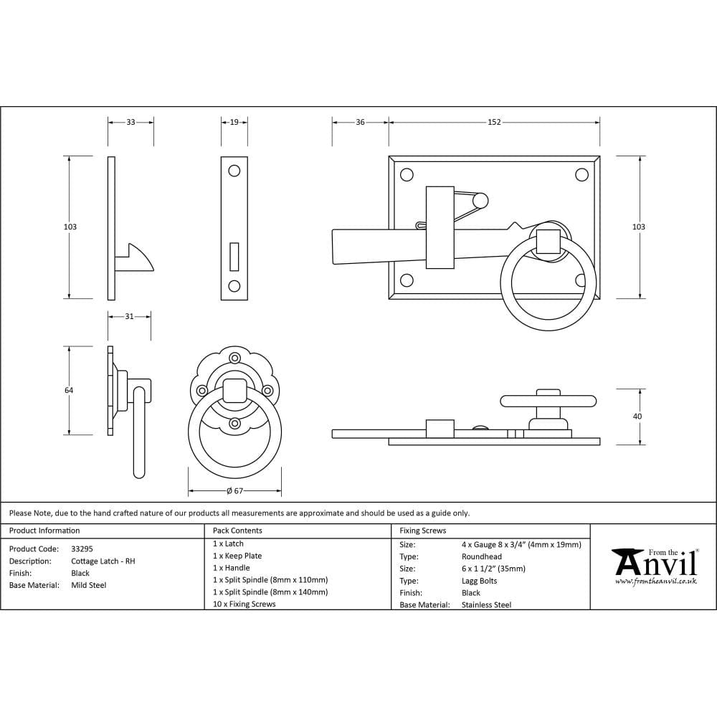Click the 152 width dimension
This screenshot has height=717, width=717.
pyautogui.click(x=494, y=123)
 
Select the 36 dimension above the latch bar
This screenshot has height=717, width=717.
pyautogui.click(x=360, y=123)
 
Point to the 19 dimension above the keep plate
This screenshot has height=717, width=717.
pyautogui.click(x=234, y=123)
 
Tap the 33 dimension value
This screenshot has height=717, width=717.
pyautogui.click(x=130, y=123)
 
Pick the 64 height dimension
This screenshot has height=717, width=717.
pyautogui.click(x=69, y=390)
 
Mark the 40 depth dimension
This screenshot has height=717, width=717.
pyautogui.click(x=638, y=416)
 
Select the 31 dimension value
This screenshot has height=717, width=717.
pyautogui.click(x=129, y=316)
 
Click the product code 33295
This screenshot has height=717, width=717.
pyautogui.click(x=82, y=549)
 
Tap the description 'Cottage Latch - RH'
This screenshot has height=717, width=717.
pyautogui.click(x=103, y=561)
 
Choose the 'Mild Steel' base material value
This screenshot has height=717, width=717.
pyautogui.click(x=89, y=585)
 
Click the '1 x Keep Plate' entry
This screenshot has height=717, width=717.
pyautogui.click(x=237, y=556)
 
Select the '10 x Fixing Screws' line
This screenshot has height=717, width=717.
pyautogui.click(x=244, y=604)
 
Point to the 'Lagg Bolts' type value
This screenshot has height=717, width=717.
pyautogui.click(x=480, y=581)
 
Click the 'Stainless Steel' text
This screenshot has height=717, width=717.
pyautogui.click(x=487, y=605)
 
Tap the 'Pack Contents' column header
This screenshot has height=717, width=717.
pyautogui.click(x=237, y=531)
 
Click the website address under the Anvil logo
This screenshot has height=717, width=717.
pyautogui.click(x=655, y=581)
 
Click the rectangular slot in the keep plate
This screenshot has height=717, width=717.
pyautogui.click(x=234, y=256)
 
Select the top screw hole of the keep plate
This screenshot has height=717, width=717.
pyautogui.click(x=234, y=171)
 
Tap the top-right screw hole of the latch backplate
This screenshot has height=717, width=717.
pyautogui.click(x=581, y=174)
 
